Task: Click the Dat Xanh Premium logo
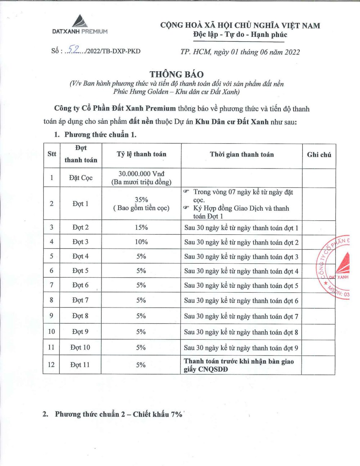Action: pyautogui.click(x=80, y=25)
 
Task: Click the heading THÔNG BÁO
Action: pyautogui.click(x=176, y=74)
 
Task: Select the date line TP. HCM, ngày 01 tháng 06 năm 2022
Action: pyautogui.click(x=240, y=52)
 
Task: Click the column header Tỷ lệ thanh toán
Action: pyautogui.click(x=141, y=154)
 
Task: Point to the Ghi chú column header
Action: pyautogui.click(x=319, y=155)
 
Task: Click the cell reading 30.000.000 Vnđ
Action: pyautogui.click(x=141, y=174)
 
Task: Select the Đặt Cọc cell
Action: pyautogui.click(x=81, y=178)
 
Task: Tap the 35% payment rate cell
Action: pyautogui.click(x=141, y=200)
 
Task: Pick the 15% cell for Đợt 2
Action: pyautogui.click(x=141, y=228)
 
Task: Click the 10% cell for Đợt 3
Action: pyautogui.click(x=141, y=242)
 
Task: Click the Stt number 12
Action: pyautogui.click(x=51, y=365)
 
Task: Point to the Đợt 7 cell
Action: pyautogui.click(x=80, y=300)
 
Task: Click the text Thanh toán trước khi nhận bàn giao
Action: pyautogui.click(x=239, y=361)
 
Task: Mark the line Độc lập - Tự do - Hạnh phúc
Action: pyautogui.click(x=240, y=35)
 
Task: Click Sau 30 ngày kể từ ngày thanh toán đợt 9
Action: pyautogui.click(x=241, y=348)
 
